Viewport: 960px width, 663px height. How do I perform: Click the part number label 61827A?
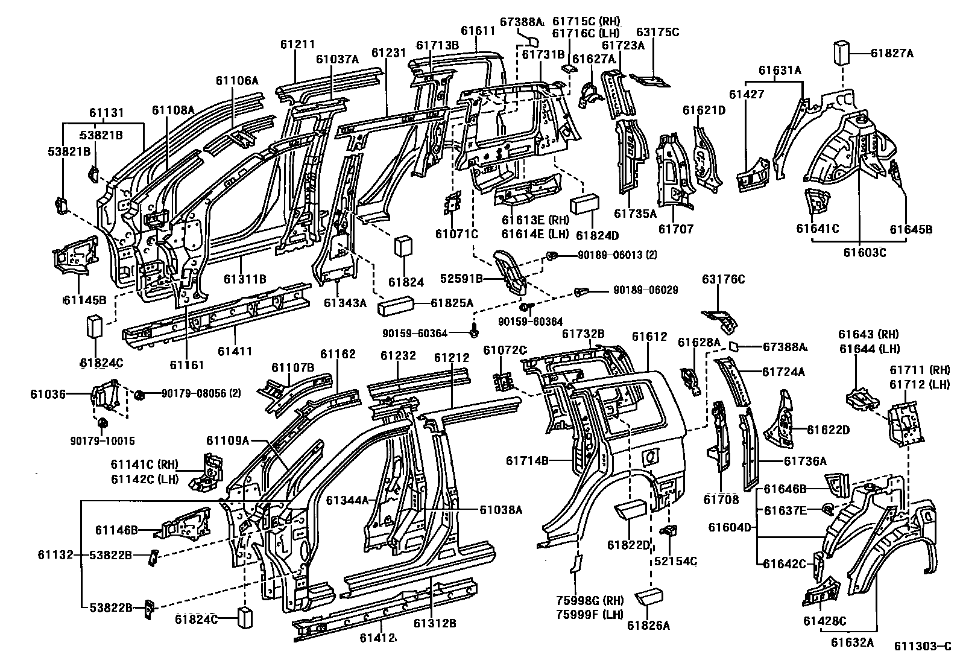pyautogui.click(x=892, y=54)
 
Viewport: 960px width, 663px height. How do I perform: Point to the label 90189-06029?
pyautogui.click(x=646, y=291)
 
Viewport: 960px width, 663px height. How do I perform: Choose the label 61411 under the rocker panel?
pyautogui.click(x=235, y=351)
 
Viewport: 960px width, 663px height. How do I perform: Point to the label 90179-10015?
pyautogui.click(x=103, y=441)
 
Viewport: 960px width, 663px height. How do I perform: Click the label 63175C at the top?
pyautogui.click(x=657, y=32)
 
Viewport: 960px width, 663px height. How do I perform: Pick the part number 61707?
pyautogui.click(x=675, y=229)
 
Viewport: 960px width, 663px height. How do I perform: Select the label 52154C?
pyautogui.click(x=675, y=561)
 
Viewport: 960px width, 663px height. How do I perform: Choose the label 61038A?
pyautogui.click(x=501, y=510)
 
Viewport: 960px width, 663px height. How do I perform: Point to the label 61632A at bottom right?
pyautogui.click(x=851, y=642)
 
